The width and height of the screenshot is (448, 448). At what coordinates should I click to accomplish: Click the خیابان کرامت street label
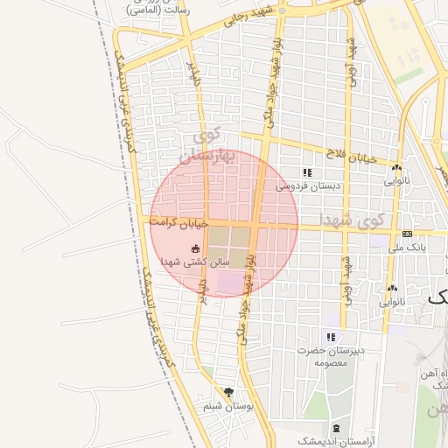178,223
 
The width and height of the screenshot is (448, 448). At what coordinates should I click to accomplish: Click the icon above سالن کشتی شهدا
194,248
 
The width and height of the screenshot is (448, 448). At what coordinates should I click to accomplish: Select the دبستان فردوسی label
306,186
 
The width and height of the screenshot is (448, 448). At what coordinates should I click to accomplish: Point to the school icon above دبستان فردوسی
306,173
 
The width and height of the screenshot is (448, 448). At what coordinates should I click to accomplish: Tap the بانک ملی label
407,248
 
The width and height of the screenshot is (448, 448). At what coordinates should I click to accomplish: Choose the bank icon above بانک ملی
408,234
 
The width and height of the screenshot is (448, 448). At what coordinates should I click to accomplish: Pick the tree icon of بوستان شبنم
229,392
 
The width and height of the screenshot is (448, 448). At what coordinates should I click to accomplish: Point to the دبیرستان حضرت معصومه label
331,355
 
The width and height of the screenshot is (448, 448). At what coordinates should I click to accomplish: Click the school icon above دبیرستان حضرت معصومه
331,337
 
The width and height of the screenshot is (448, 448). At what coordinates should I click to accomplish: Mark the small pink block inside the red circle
228,283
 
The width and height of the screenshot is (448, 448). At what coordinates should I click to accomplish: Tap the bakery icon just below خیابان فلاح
397,167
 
